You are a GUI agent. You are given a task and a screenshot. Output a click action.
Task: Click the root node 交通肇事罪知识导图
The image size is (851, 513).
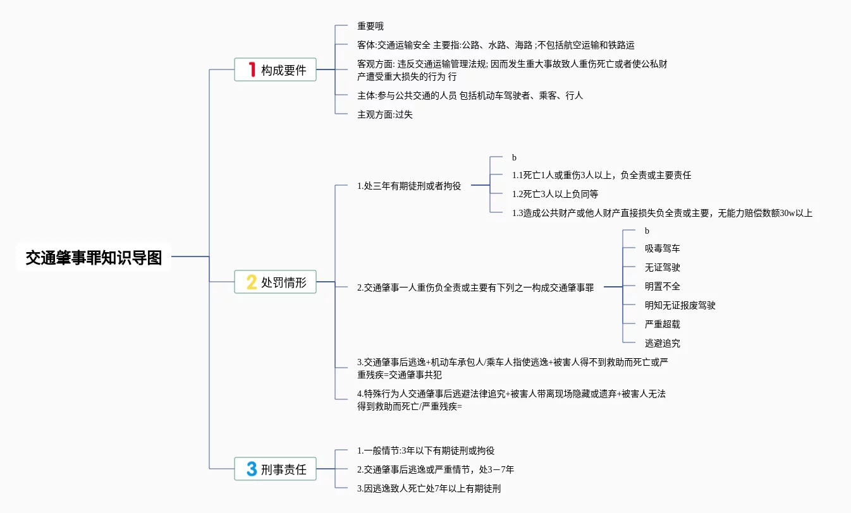click(x=94, y=258)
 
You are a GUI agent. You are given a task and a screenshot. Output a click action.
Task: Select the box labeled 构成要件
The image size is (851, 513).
click(x=275, y=69)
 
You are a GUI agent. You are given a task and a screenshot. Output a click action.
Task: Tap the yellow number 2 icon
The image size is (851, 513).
click(x=252, y=282)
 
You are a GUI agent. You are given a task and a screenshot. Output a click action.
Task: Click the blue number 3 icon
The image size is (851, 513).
click(x=252, y=469)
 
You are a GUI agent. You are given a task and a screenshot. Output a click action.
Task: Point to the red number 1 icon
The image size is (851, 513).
click(x=252, y=69)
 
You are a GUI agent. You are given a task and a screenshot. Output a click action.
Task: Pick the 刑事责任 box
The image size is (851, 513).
click(x=275, y=469)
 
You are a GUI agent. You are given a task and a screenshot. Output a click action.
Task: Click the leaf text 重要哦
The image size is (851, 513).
click(x=370, y=26)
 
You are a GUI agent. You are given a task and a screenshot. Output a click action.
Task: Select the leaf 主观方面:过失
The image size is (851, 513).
click(x=385, y=114)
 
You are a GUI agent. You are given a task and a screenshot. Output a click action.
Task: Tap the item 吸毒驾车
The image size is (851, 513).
click(x=662, y=248)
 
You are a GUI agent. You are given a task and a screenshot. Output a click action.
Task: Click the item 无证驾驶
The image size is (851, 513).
click(x=662, y=267)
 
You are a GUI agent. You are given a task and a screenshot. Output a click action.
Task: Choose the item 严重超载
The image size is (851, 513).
click(x=662, y=324)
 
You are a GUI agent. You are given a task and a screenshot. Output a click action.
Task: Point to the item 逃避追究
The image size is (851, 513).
click(x=662, y=343)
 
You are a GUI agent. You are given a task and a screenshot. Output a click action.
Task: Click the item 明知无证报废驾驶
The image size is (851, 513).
click(x=680, y=305)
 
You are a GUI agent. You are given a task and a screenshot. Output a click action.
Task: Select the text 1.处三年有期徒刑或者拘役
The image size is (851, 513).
click(x=409, y=186)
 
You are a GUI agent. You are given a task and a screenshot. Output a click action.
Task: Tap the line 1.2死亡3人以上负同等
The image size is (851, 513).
click(x=555, y=194)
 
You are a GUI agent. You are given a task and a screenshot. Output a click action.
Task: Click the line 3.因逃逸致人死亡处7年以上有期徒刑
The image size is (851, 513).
click(x=429, y=488)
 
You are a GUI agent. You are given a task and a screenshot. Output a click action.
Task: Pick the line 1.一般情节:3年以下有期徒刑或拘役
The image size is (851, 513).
click(x=426, y=450)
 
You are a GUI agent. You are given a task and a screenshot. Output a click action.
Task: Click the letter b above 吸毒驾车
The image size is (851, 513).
click(x=647, y=231)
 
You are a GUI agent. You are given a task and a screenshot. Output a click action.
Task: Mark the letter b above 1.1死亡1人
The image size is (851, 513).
click(x=514, y=157)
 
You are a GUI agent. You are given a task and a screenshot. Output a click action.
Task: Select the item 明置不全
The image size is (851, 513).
click(x=662, y=286)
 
